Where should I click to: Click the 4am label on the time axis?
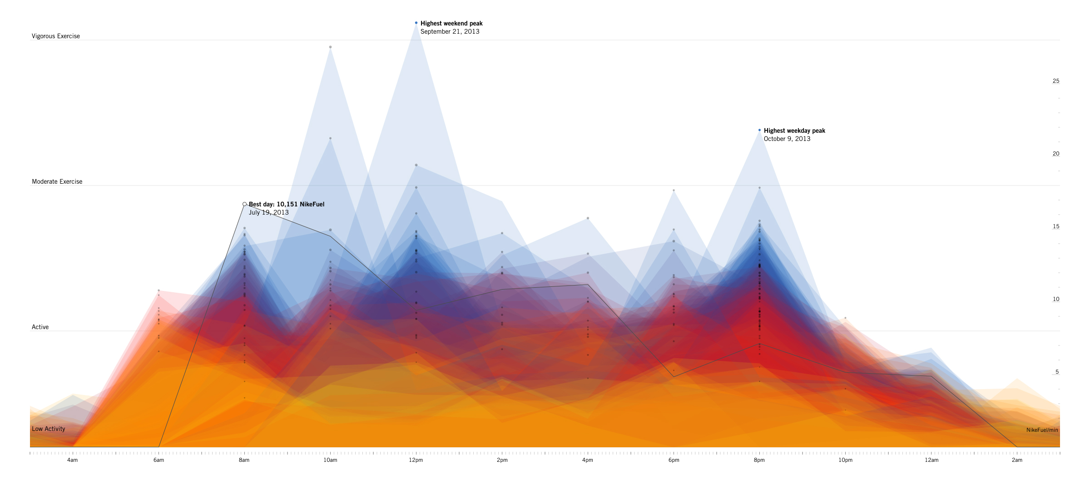(x=72, y=460)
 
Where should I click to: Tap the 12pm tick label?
(x=416, y=460)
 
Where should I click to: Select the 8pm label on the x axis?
(x=759, y=460)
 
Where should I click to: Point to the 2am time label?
(x=1017, y=460)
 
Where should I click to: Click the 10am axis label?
(x=330, y=460)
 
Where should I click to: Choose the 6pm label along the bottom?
(x=674, y=460)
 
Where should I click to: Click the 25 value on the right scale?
(x=1056, y=81)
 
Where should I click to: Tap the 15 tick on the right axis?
(x=1056, y=226)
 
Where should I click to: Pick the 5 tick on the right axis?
(x=1057, y=372)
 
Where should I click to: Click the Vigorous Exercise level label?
(x=56, y=36)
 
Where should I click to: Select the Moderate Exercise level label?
(x=57, y=182)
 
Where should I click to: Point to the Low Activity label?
(x=49, y=429)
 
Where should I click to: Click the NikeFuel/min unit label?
(x=1042, y=430)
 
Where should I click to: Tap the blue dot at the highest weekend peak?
(x=416, y=23)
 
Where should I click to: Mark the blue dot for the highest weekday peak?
(x=759, y=130)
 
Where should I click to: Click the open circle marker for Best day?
(x=244, y=204)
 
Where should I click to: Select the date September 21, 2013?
(x=450, y=32)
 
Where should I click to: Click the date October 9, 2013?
(x=787, y=139)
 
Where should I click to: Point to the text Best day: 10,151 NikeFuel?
(x=287, y=205)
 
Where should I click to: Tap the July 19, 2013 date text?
(x=268, y=213)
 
